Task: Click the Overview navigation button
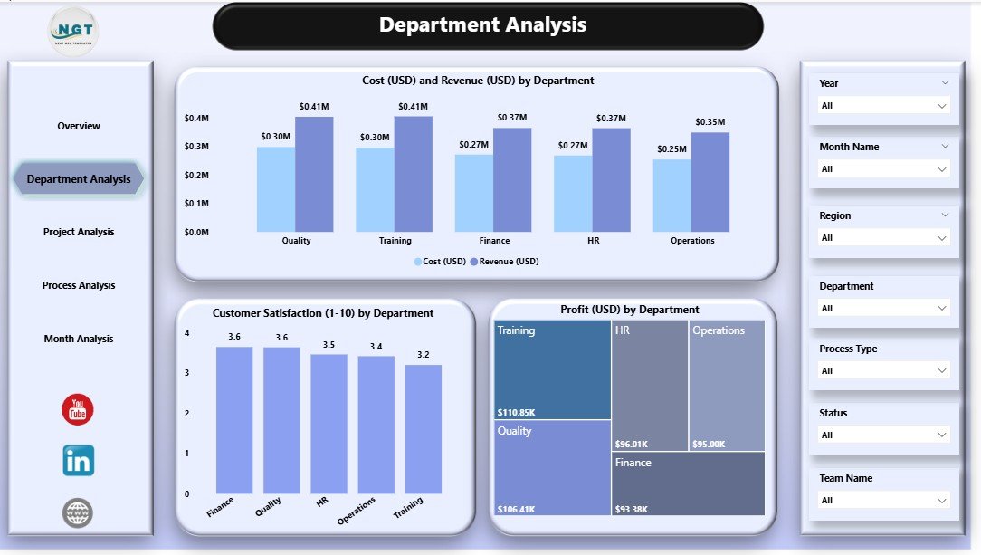tap(79, 126)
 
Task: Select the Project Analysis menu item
tap(79, 232)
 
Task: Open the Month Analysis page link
tap(79, 339)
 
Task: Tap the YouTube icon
tap(78, 409)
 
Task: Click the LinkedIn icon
tap(78, 461)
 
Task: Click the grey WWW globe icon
tap(78, 513)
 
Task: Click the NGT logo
tap(73, 32)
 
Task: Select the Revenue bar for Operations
tap(710, 182)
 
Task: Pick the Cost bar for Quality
tap(275, 189)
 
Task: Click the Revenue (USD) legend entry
tap(507, 262)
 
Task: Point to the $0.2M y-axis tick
tap(196, 175)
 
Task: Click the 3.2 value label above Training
tap(423, 355)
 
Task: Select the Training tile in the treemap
tap(552, 369)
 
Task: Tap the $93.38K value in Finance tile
tap(633, 508)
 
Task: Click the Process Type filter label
tap(848, 349)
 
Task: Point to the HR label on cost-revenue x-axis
tap(593, 241)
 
